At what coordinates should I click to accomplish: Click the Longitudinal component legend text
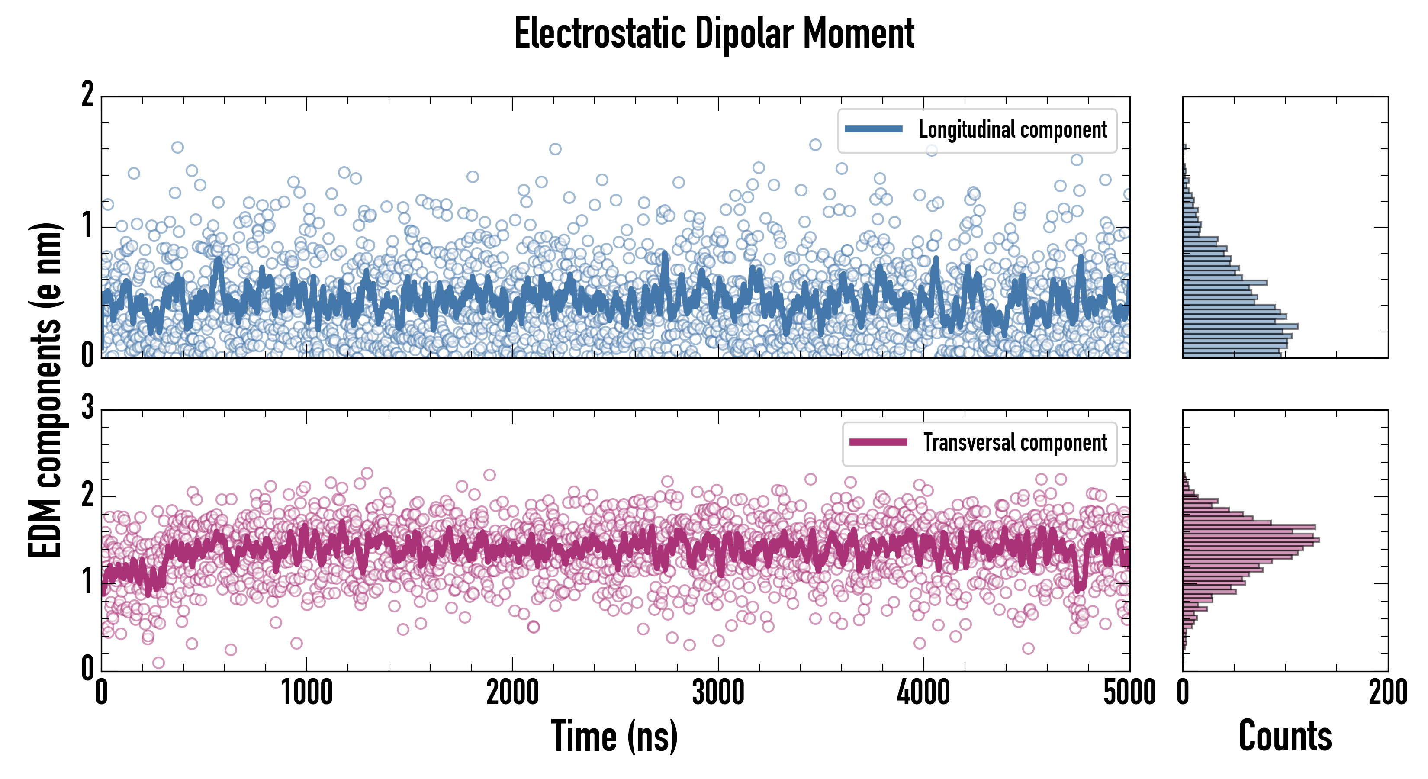coord(1012,130)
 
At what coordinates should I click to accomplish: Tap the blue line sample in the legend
coord(873,129)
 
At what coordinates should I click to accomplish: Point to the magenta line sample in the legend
coord(878,442)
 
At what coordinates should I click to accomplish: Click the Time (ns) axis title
coord(614,736)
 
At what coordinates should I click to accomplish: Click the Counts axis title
coord(1285,736)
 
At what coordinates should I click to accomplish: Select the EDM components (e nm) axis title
coord(45,390)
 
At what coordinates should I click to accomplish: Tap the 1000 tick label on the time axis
coord(306,693)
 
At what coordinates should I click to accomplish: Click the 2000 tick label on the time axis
coord(512,693)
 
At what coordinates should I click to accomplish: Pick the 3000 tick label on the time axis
coord(718,693)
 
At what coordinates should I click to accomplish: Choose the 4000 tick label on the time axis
coord(923,693)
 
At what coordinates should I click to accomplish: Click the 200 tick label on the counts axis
coord(1387,693)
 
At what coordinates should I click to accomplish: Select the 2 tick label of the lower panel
coord(87,495)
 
